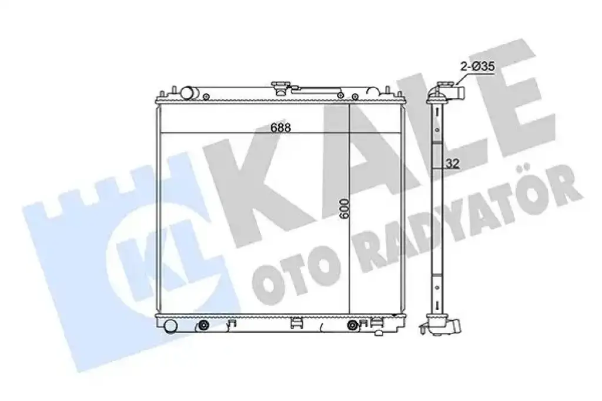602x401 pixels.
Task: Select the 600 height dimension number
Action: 345,209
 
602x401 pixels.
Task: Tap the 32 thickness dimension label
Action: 453,163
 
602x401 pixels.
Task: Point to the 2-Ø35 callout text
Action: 477,67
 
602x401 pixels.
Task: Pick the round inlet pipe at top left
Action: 188,93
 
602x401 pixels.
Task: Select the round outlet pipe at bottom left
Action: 170,326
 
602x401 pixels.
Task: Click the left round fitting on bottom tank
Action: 203,326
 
